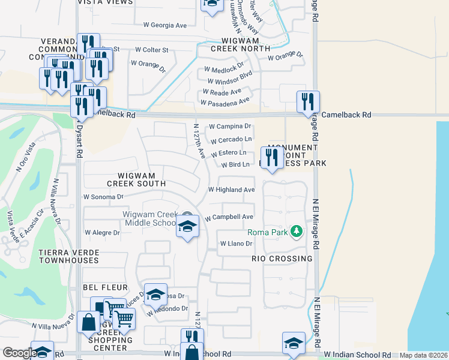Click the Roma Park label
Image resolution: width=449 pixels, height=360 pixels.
(x=266, y=232)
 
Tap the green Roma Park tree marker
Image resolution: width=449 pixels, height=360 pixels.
(x=295, y=231)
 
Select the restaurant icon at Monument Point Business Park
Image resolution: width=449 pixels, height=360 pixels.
(x=272, y=157)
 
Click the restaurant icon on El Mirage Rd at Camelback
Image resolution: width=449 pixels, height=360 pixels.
(x=308, y=102)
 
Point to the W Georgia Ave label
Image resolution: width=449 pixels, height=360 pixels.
(x=165, y=25)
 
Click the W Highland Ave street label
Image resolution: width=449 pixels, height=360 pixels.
(x=231, y=190)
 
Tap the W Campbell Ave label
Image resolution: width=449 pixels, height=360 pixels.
(x=229, y=217)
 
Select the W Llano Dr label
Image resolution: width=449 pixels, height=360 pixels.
(x=237, y=244)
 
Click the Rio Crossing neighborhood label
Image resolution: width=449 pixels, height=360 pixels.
(x=282, y=259)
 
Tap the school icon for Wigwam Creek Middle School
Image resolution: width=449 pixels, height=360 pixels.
(x=188, y=227)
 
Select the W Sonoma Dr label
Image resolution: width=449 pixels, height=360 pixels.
(x=103, y=196)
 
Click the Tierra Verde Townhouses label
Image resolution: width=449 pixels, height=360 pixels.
(x=68, y=256)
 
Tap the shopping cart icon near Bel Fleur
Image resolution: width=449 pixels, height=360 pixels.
(x=124, y=319)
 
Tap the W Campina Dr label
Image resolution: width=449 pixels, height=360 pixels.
(x=230, y=127)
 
